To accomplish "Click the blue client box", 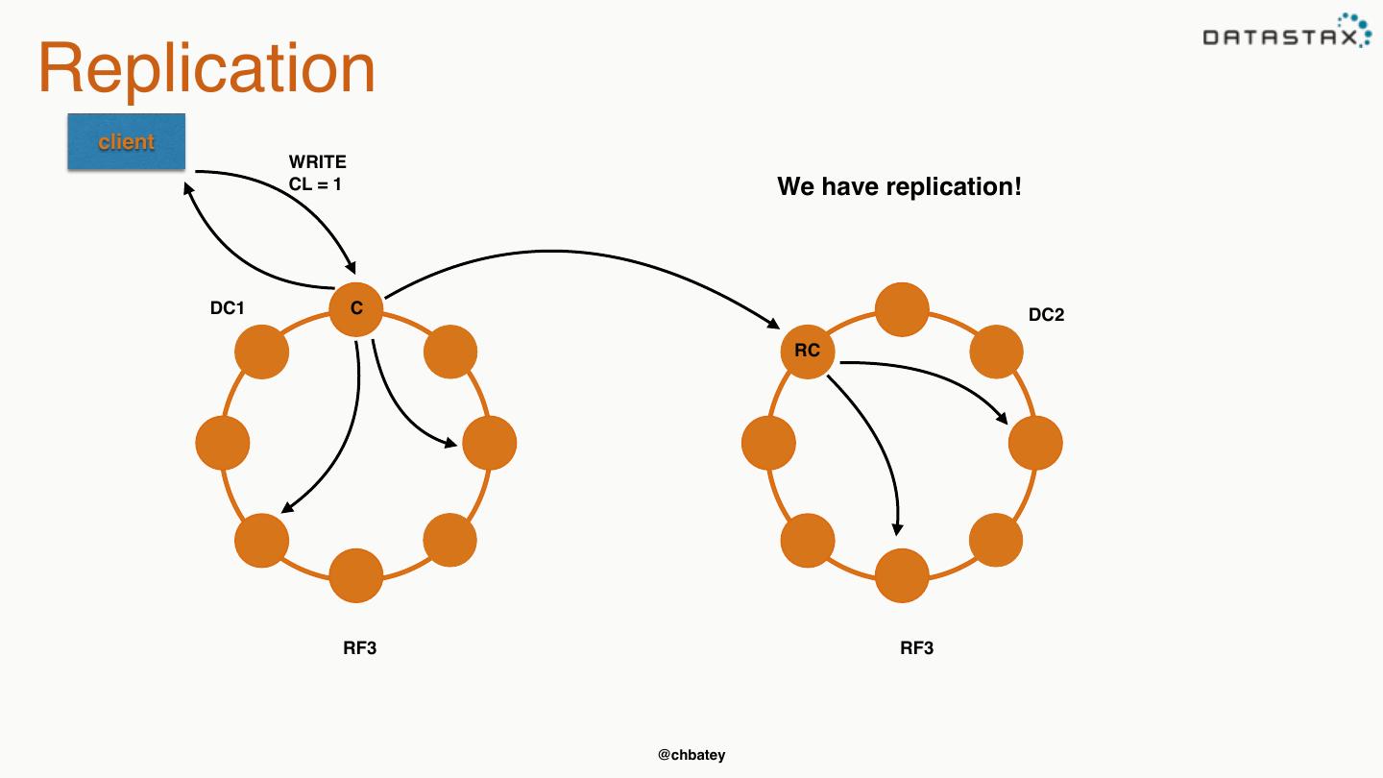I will click(x=126, y=141).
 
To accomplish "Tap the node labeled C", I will click(x=356, y=309).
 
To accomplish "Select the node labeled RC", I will click(x=807, y=351).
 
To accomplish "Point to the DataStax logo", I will click(x=1287, y=34).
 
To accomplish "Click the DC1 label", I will click(x=228, y=308).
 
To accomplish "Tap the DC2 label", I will click(x=1046, y=315).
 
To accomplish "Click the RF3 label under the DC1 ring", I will click(x=360, y=648).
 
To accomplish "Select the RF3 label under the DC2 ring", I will click(x=916, y=648).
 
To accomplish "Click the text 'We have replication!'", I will click(x=899, y=186).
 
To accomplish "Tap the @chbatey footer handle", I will click(x=691, y=755).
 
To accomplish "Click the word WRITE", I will click(x=317, y=162).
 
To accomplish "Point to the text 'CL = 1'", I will click(x=315, y=183).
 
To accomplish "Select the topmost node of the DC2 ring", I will click(x=902, y=309).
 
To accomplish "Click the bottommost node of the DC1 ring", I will click(x=356, y=575).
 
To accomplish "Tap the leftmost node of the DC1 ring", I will click(x=223, y=443).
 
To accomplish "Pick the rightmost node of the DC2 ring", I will click(x=1035, y=443).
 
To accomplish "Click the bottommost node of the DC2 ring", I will click(x=902, y=575).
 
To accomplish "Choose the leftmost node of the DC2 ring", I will click(x=769, y=443).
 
